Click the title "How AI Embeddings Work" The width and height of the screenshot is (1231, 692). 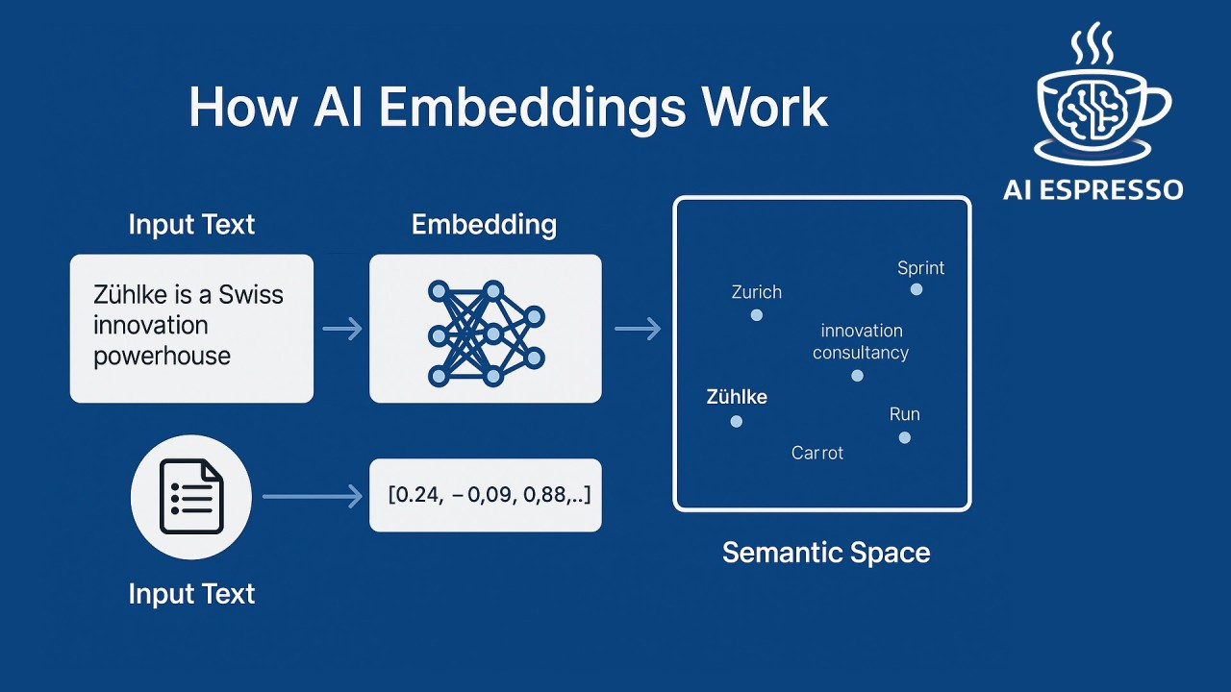[x=508, y=107]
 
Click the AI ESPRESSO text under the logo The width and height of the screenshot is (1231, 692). [x=1093, y=188]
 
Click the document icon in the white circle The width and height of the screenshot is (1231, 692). [x=190, y=497]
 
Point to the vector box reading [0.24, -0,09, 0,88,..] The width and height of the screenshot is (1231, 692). [x=486, y=495]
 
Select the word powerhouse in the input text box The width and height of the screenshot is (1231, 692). [x=162, y=356]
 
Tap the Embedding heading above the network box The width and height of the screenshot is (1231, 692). [x=484, y=225]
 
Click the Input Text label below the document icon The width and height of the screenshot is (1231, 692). [x=191, y=593]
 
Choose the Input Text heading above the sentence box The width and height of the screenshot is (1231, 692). [x=191, y=225]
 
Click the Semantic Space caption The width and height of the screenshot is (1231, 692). [x=825, y=553]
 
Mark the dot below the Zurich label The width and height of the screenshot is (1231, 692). [x=757, y=315]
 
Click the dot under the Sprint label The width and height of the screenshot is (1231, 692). [x=917, y=289]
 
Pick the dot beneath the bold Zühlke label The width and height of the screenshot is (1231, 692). [x=737, y=421]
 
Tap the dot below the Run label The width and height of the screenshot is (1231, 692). [x=904, y=437]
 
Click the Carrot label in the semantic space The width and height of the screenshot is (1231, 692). [x=816, y=453]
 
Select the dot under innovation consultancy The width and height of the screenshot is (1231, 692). [x=858, y=376]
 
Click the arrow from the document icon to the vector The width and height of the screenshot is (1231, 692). [x=312, y=497]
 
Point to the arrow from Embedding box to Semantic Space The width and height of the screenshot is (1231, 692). [x=637, y=330]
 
